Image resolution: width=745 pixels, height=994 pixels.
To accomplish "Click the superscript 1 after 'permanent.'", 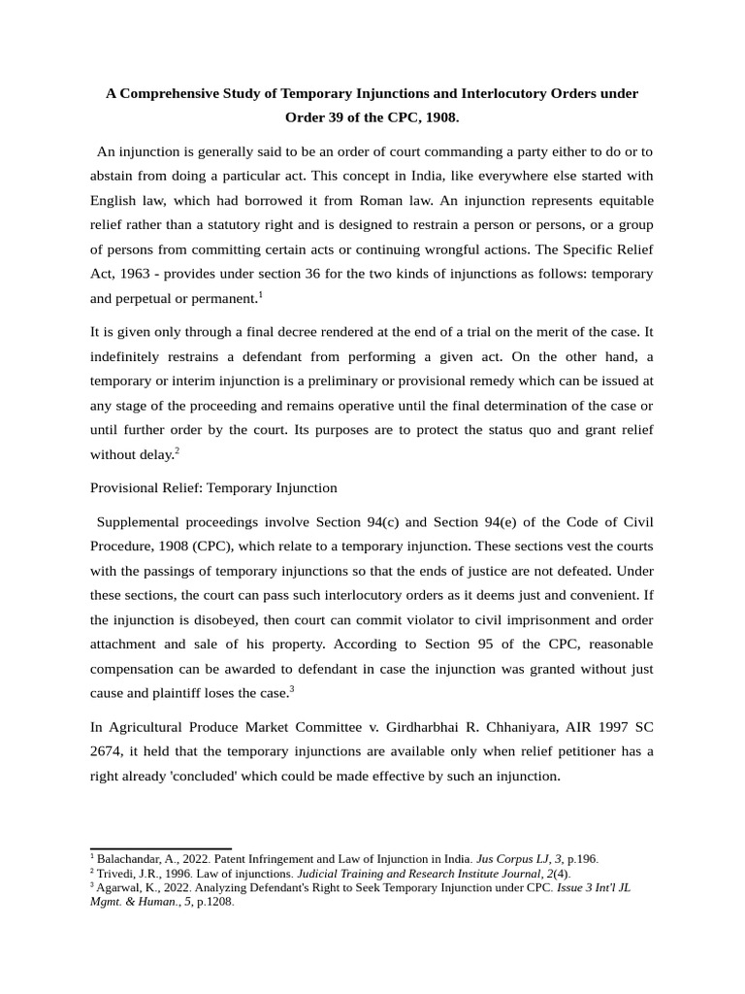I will pyautogui.click(x=261, y=293).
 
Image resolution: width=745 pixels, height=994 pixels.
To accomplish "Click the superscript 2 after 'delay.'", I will pyautogui.click(x=177, y=449).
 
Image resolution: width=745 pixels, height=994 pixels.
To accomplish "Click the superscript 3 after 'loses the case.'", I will pyautogui.click(x=292, y=689).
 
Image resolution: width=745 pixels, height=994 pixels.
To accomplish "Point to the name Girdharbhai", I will pyautogui.click(x=424, y=726).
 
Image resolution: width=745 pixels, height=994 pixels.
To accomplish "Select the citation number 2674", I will pyautogui.click(x=109, y=751).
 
